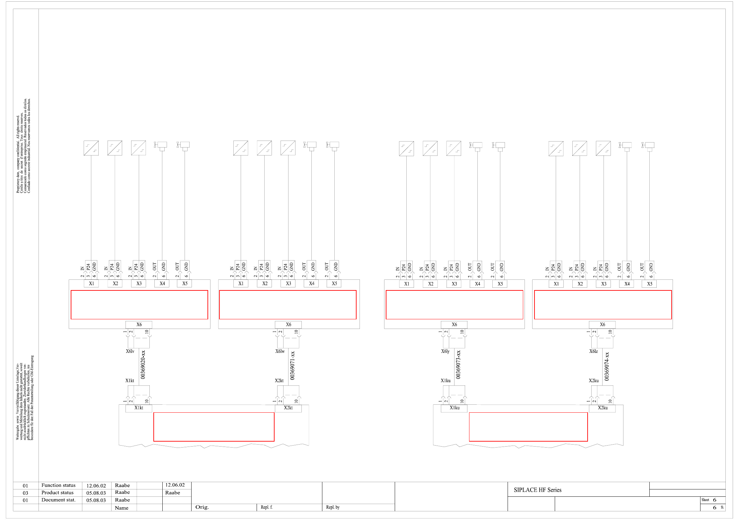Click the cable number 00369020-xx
click(143, 364)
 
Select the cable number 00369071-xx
click(292, 365)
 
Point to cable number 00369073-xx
click(458, 365)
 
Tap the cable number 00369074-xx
click(607, 366)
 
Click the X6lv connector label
click(130, 351)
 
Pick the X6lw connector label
click(280, 351)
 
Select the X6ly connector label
click(445, 351)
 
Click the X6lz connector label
click(594, 351)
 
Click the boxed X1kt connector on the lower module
click(139, 408)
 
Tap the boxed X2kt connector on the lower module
click(288, 408)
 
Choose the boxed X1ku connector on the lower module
click(454, 408)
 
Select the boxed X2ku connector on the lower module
click(603, 408)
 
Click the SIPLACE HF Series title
click(537, 490)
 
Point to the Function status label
click(58, 485)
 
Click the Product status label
click(57, 493)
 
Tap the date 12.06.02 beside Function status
click(96, 486)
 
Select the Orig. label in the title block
click(202, 507)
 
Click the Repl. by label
click(333, 507)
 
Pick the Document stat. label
click(58, 500)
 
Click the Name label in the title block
click(122, 508)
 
